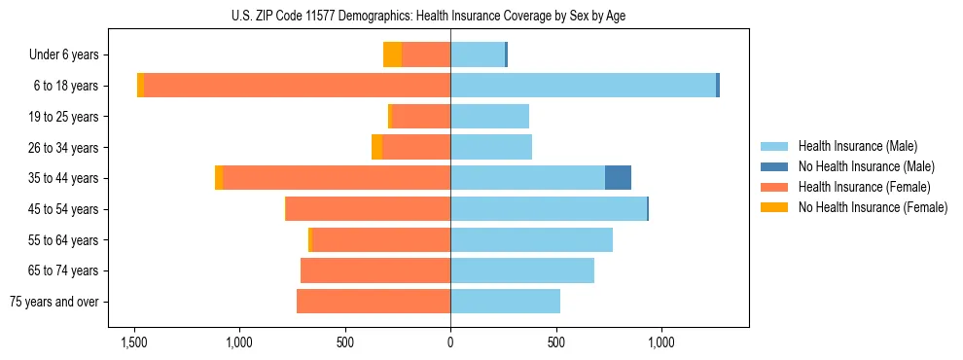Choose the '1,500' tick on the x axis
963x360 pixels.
coord(133,342)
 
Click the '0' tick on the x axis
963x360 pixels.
coord(450,342)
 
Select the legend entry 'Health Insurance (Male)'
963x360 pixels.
coord(858,146)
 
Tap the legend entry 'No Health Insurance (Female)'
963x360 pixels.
coord(872,207)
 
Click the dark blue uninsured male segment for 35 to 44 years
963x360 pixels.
coord(618,178)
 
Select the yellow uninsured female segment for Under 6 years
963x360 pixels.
coord(392,54)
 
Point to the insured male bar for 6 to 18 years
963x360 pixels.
coord(583,86)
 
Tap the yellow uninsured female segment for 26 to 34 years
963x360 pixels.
coord(376,147)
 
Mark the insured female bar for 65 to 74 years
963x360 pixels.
coord(375,270)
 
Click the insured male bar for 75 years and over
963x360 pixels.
coord(505,302)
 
